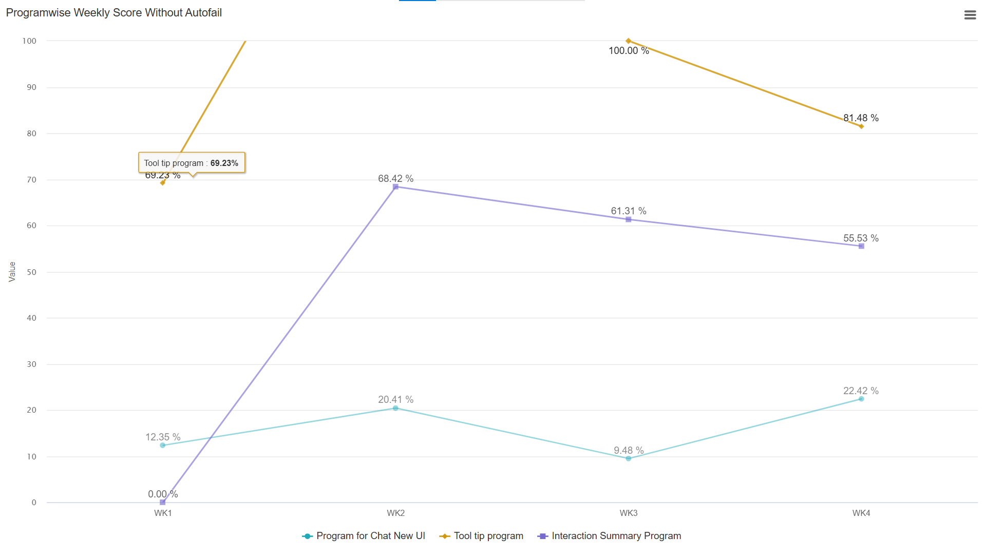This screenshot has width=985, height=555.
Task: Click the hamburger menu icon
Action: (x=970, y=15)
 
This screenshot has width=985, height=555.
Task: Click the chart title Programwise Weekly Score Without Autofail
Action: (x=113, y=13)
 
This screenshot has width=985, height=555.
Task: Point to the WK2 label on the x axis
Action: (x=395, y=513)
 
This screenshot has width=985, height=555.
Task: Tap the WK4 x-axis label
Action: (x=861, y=513)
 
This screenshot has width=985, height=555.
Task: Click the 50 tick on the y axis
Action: (x=32, y=272)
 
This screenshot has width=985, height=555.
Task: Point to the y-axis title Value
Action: (x=12, y=271)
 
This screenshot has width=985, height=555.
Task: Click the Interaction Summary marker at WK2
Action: (x=395, y=187)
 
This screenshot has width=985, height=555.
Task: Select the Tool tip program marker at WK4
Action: (x=861, y=126)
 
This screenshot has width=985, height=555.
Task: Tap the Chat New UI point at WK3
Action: (x=628, y=458)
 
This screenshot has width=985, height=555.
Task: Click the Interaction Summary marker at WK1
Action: (x=162, y=502)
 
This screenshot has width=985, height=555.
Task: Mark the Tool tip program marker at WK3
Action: (x=628, y=41)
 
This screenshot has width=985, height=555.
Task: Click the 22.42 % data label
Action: (x=861, y=391)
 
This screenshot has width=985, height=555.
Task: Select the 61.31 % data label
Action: (x=628, y=211)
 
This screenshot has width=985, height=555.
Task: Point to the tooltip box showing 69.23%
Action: (x=192, y=163)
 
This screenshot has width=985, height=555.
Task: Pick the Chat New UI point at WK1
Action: (x=162, y=445)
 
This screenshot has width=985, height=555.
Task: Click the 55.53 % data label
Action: (x=861, y=238)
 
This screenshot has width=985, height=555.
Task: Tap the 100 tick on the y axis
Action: (x=30, y=41)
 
